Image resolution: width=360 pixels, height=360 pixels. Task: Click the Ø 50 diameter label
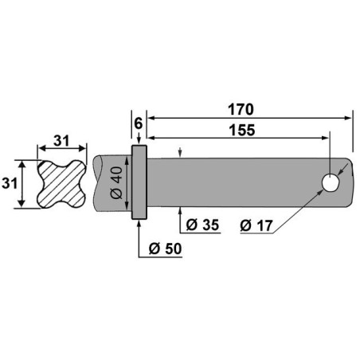(x=164, y=249)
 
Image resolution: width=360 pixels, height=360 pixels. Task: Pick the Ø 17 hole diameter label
(x=256, y=225)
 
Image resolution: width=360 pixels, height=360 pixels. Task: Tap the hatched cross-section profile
(x=60, y=186)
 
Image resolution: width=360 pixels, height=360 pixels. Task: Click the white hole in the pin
(x=329, y=183)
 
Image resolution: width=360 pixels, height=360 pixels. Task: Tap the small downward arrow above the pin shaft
(x=182, y=151)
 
